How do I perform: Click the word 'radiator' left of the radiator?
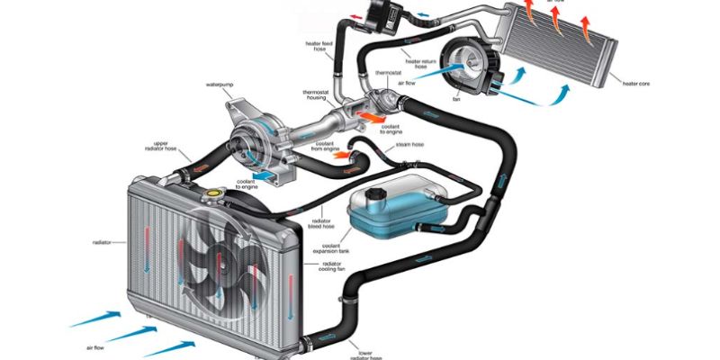103,242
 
